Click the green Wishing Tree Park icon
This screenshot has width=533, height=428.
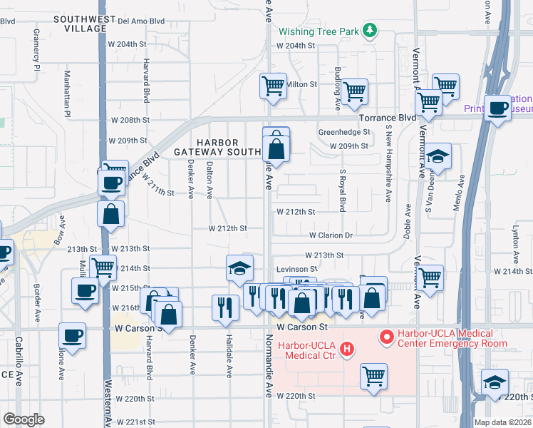(x=369, y=31)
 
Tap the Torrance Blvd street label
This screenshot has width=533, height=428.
(x=387, y=117)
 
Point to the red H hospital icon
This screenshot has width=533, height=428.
(x=346, y=349)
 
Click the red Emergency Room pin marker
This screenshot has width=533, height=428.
(x=386, y=335)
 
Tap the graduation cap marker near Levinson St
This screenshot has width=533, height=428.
(x=240, y=267)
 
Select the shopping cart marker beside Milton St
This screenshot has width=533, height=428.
(x=274, y=86)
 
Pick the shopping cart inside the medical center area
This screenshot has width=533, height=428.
(x=373, y=376)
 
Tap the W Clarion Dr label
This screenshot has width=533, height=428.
(x=331, y=235)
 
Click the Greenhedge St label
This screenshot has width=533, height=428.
(x=344, y=132)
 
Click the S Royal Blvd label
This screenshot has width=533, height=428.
(x=343, y=190)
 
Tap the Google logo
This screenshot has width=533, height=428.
(x=24, y=419)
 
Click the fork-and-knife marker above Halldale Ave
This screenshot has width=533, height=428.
(x=225, y=307)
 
